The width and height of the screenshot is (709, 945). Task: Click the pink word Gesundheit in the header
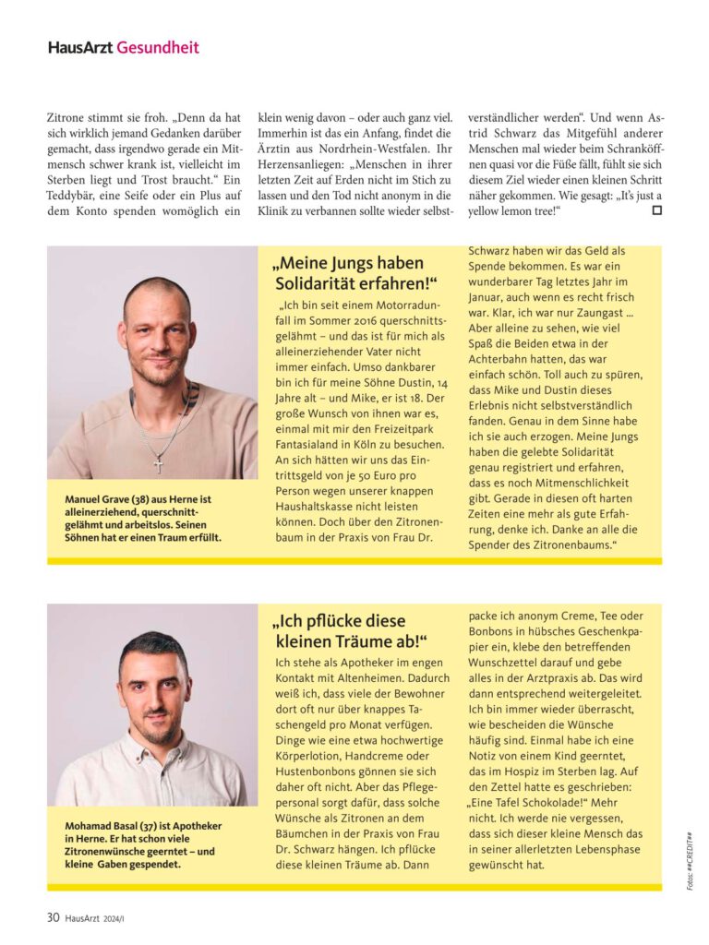click(158, 47)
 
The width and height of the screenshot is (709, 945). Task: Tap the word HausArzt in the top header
click(81, 47)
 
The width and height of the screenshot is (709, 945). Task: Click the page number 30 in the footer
click(54, 916)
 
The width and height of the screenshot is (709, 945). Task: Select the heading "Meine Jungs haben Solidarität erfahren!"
click(355, 273)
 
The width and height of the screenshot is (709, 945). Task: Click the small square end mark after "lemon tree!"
click(656, 210)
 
